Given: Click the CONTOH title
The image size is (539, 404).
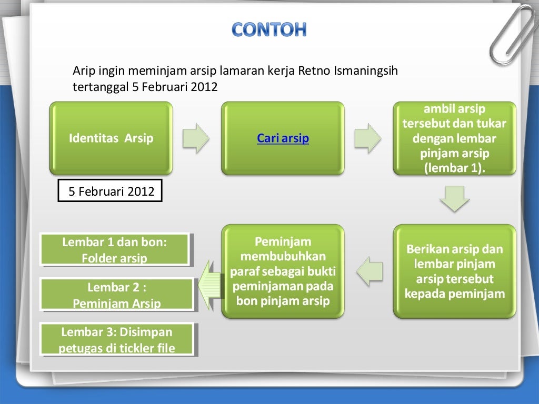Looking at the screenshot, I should point(269,29).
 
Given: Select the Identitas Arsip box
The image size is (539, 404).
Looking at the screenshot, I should point(111,138).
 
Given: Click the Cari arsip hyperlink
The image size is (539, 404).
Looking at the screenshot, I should point(283,138).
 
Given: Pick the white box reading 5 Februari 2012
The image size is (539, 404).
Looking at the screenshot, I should point(111,191).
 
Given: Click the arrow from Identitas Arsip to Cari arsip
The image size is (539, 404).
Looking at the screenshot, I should point(196,138).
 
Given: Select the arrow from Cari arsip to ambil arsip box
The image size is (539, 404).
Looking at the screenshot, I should point(367,138).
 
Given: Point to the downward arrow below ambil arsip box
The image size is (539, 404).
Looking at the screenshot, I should point(454,199).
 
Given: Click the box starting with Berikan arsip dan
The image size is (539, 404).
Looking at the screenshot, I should point(454,271).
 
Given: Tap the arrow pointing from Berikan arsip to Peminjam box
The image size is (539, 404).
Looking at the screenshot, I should point(370,271).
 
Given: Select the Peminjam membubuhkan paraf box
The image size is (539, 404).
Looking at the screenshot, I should point(283,271).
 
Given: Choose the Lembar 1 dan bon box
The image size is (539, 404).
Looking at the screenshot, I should point(114,250).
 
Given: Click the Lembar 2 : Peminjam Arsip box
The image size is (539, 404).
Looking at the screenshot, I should point(116,295).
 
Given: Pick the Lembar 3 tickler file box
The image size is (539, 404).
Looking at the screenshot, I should point(116,340).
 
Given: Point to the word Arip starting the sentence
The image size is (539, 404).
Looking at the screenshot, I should point(82,71).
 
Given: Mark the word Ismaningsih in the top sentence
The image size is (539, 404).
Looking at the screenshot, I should point(365,71).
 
